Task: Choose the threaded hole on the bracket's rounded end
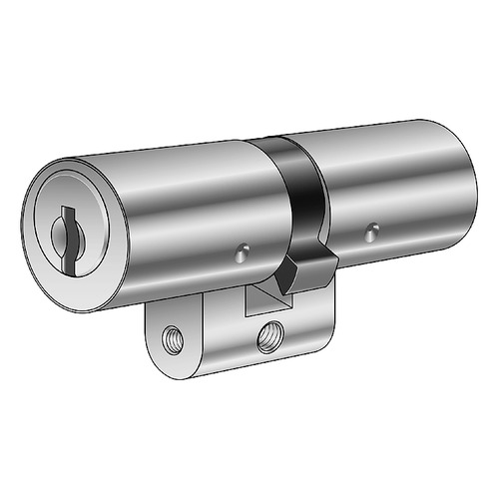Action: coord(175,335)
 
